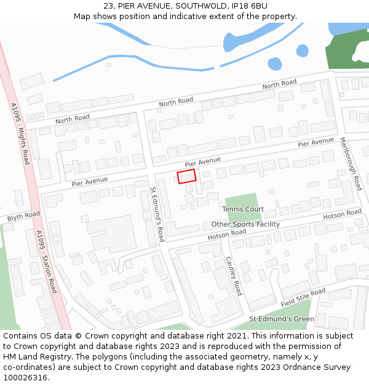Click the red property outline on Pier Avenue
pos(186,176)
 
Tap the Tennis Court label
pos(243,209)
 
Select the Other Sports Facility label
pos(245,224)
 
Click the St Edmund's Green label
pos(281,319)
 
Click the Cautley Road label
pos(234,276)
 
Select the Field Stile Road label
pos(303,298)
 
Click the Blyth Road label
pos(23,216)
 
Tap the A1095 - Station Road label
pos(46,261)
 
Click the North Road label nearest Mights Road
pos(73,119)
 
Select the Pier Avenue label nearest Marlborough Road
pos(315,143)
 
